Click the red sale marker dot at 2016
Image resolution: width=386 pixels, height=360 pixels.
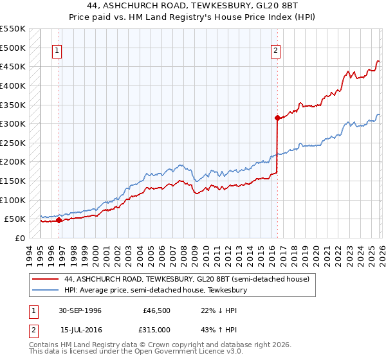(x=277, y=118)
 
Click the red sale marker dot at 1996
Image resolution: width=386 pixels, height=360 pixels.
(x=59, y=220)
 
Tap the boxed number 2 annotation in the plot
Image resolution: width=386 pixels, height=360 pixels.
(x=276, y=51)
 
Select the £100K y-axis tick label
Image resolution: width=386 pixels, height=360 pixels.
(x=12, y=200)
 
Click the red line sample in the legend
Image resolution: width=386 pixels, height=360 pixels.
(x=45, y=280)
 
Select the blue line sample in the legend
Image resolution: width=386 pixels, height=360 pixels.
(x=45, y=290)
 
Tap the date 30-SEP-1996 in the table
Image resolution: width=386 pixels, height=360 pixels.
(x=80, y=310)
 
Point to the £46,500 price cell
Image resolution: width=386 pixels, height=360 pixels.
(x=156, y=310)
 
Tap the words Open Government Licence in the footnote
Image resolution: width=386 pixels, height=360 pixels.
(x=183, y=352)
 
